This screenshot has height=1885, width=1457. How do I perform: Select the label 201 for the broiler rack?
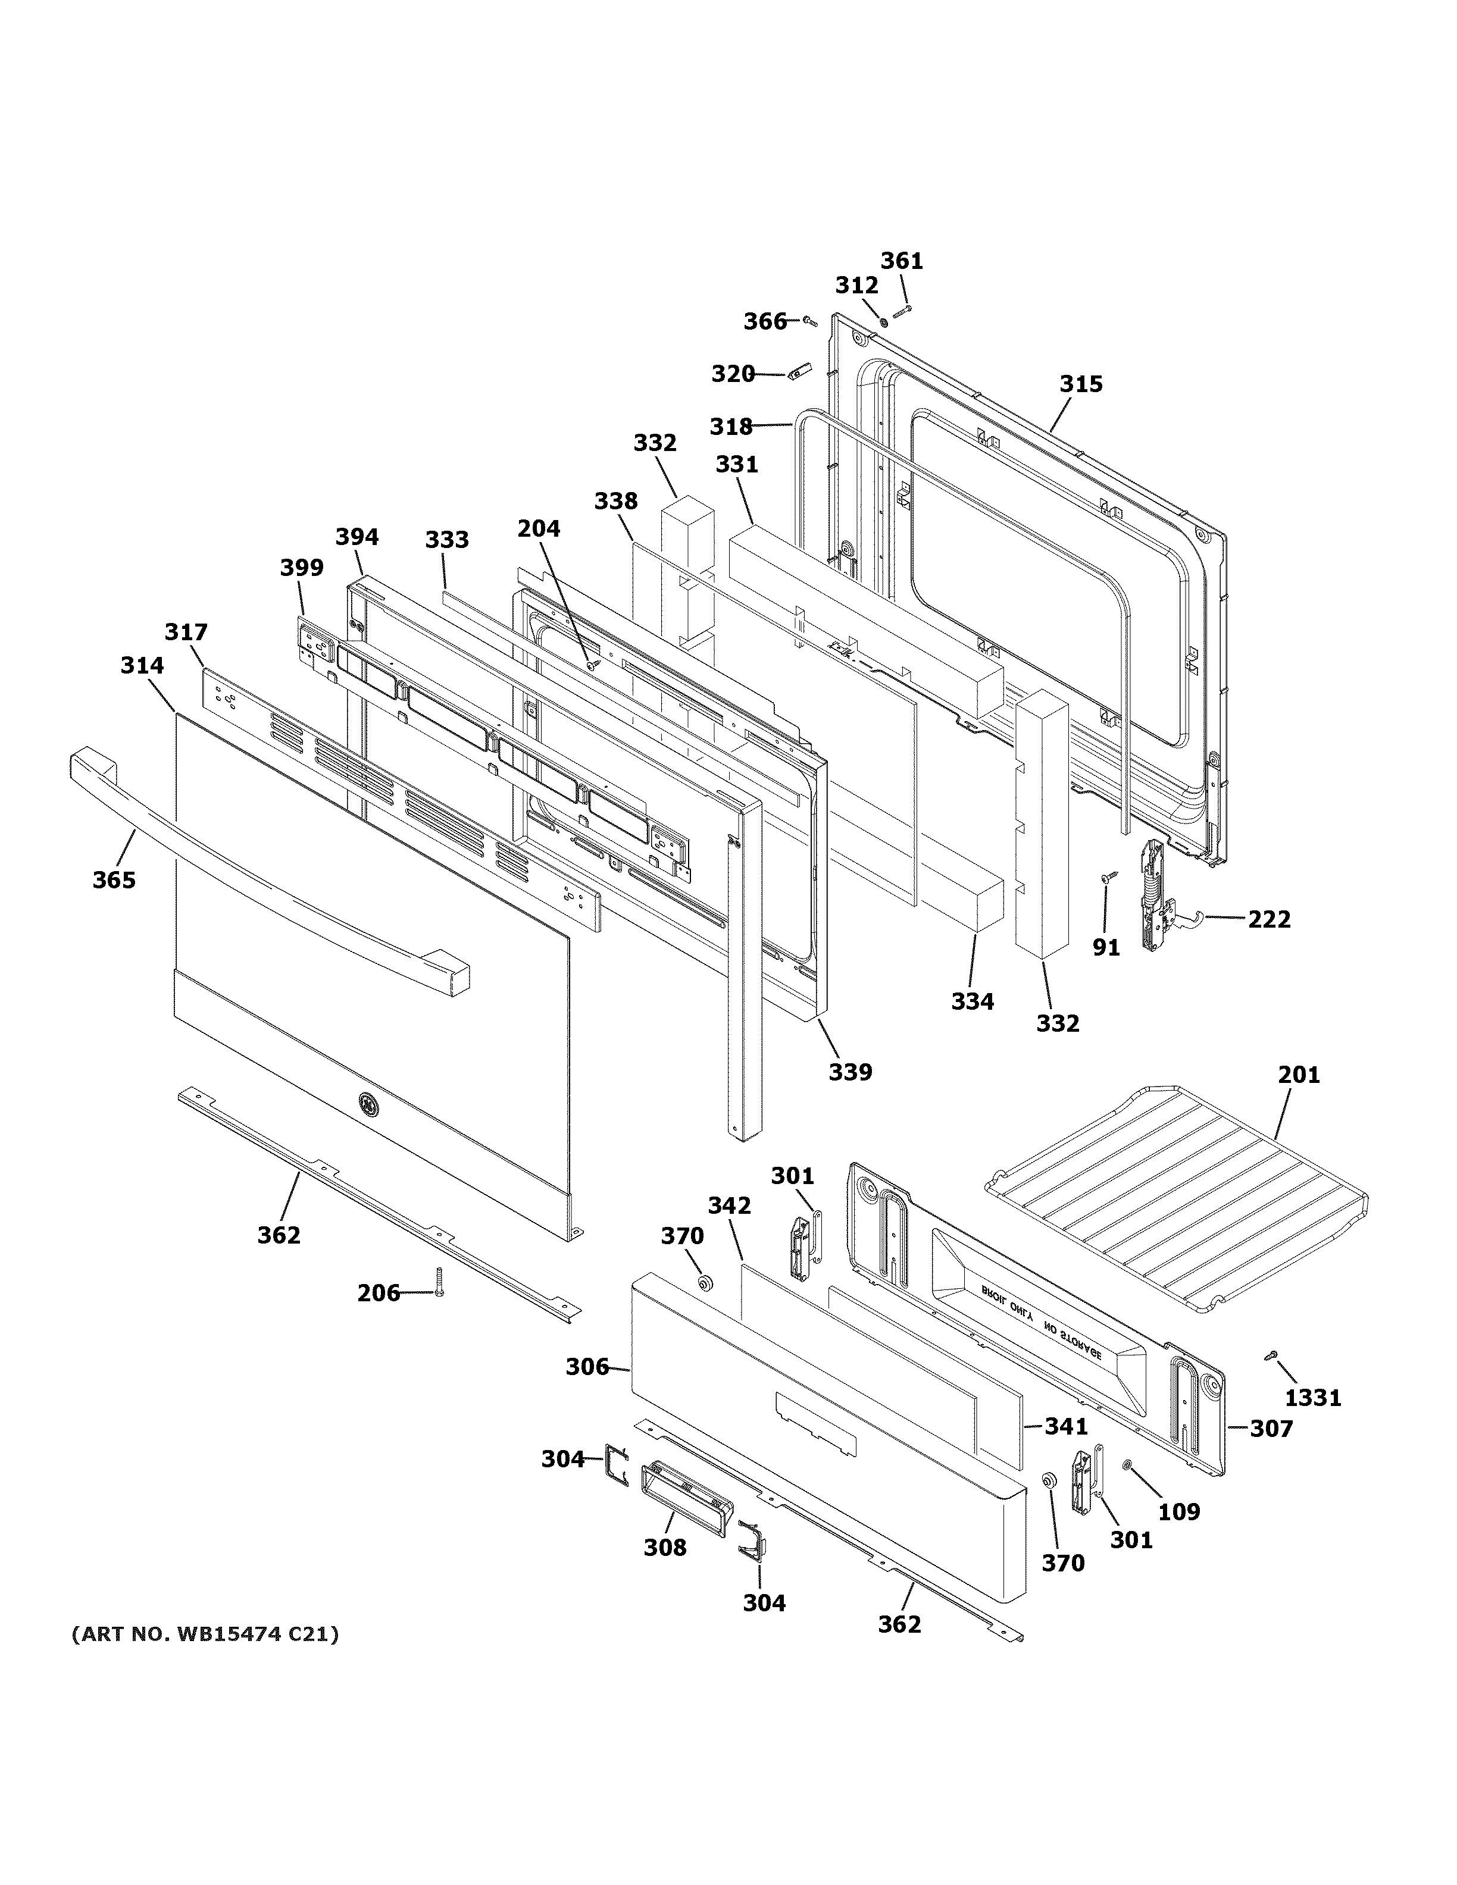1299,1075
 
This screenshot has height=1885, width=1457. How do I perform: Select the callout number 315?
1081,383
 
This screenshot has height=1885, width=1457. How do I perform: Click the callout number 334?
972,1001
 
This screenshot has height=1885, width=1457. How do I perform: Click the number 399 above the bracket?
301,567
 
